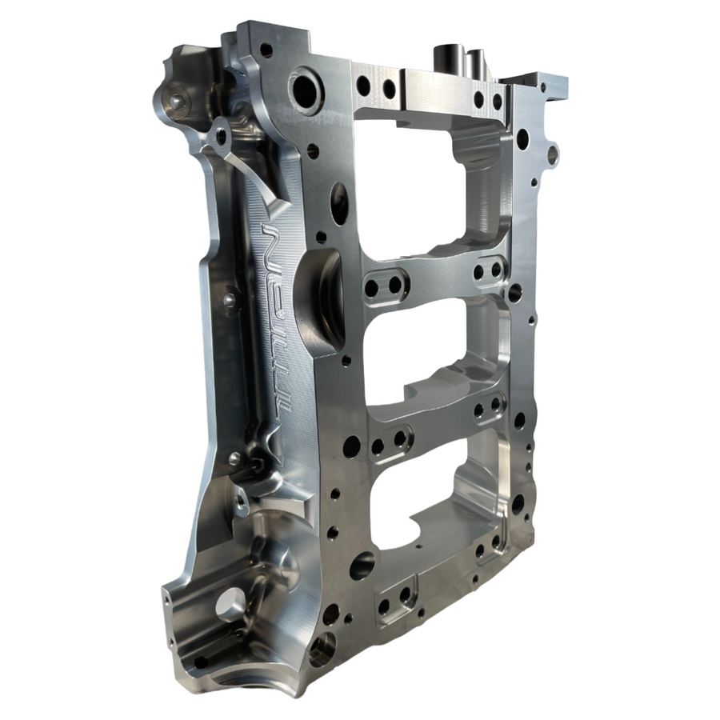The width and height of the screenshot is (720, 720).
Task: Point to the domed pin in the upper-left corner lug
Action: point(176,102)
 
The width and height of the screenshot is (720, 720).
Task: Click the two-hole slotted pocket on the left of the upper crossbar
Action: point(384,285)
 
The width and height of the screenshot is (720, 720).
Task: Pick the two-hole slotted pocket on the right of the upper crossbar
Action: point(487,270)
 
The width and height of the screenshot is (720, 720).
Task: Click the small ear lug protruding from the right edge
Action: point(551,154)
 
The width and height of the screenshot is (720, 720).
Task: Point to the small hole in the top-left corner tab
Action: point(266,50)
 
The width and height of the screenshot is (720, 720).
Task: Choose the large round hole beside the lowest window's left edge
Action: point(362,565)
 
